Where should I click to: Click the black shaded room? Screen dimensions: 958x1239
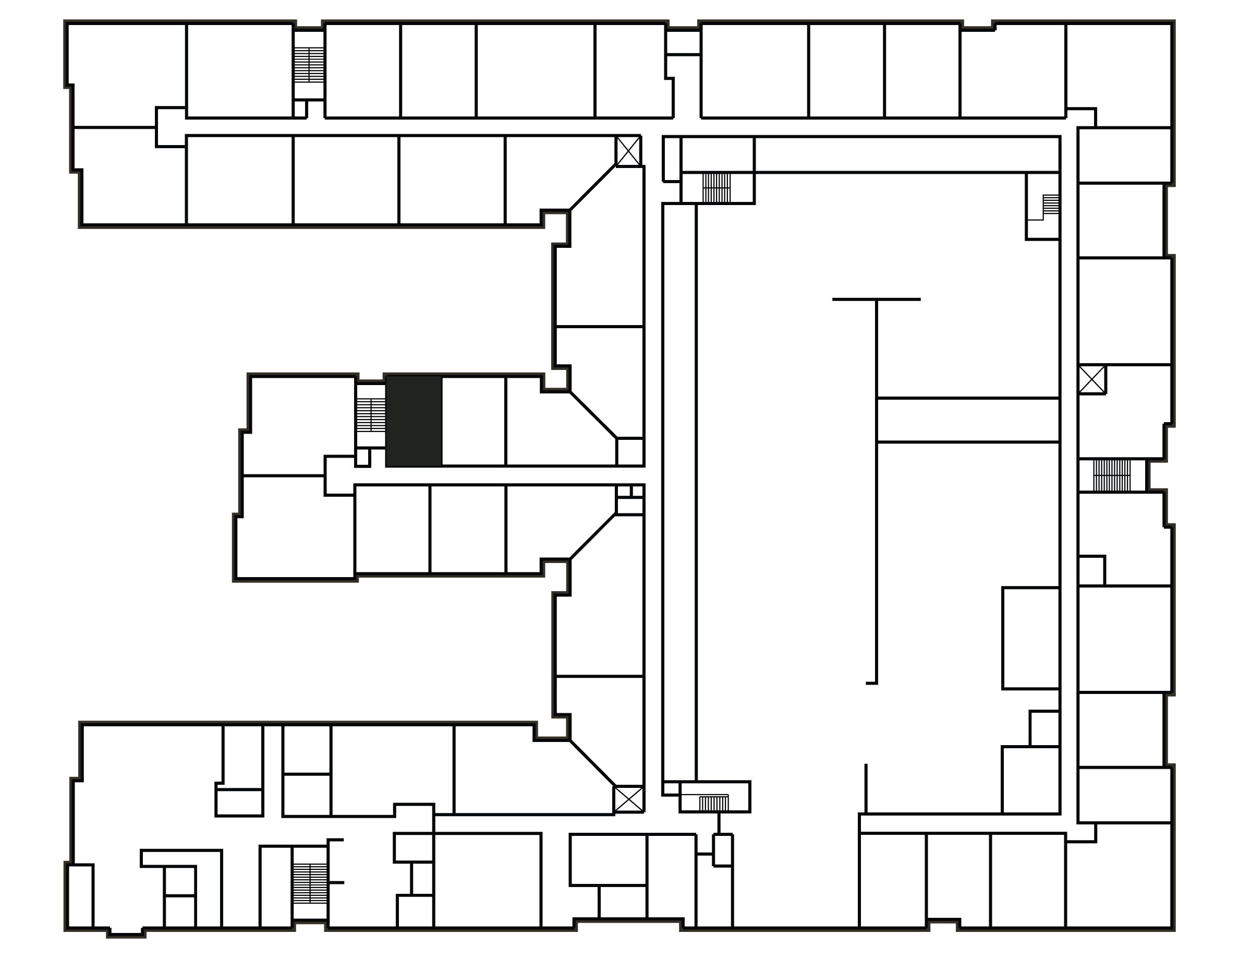click(414, 421)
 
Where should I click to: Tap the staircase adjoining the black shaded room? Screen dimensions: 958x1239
click(370, 415)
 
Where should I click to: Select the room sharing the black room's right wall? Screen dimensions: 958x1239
click(473, 421)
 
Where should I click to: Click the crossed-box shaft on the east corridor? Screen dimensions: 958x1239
click(1091, 380)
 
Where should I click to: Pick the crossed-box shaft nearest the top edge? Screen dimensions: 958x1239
click(628, 151)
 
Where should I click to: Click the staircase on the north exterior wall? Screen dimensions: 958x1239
click(309, 65)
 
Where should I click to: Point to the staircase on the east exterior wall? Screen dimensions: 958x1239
click(1111, 475)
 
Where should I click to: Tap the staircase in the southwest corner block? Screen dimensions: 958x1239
click(310, 884)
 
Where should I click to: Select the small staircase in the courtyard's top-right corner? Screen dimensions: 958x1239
click(1050, 205)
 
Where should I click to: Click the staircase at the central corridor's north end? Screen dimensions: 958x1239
click(716, 188)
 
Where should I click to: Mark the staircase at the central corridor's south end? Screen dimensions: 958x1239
click(714, 803)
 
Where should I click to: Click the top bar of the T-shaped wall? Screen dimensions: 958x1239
click(876, 299)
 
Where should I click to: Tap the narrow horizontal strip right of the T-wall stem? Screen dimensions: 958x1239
click(968, 420)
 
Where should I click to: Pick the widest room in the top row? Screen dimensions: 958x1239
click(535, 70)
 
